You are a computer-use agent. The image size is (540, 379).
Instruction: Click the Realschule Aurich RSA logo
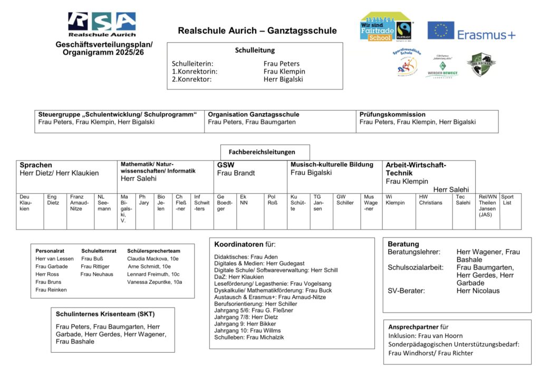[102, 24]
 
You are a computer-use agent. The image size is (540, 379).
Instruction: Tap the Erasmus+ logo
[471, 31]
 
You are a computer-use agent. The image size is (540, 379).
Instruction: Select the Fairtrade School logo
[386, 27]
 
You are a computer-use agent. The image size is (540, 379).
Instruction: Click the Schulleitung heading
[255, 51]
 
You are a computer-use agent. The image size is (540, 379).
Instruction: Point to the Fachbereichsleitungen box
[265, 152]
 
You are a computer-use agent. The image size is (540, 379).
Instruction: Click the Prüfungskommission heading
[392, 114]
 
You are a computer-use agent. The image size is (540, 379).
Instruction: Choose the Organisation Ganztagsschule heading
[253, 114]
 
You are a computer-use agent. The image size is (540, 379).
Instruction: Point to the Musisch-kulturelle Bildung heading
[332, 164]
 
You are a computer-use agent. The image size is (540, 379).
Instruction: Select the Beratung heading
[403, 244]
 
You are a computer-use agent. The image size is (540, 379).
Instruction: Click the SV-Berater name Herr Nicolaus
[478, 291]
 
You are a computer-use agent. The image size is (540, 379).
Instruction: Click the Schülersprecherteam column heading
[153, 251]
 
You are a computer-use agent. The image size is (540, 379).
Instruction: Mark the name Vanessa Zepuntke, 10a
[155, 282]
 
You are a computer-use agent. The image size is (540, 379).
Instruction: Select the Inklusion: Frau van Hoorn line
[426, 335]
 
